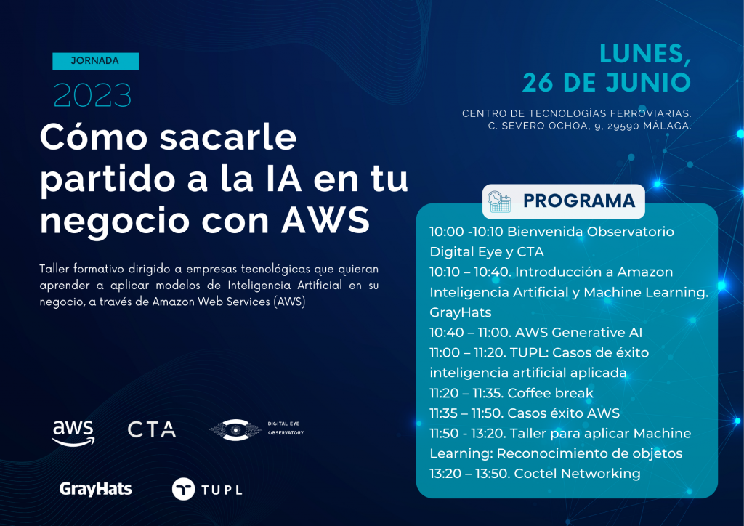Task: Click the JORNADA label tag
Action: point(95,61)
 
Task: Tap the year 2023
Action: point(92,95)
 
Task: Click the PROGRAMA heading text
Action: point(579,201)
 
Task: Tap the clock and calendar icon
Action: point(499,201)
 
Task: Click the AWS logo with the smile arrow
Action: point(73,432)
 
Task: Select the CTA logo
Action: point(152,429)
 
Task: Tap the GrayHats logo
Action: point(95,489)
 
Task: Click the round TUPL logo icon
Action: point(183,489)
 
